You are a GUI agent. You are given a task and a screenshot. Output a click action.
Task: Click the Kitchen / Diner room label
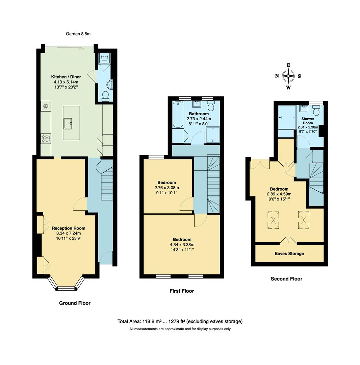[66, 77]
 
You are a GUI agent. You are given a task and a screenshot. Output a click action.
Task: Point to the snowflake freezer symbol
[46, 106]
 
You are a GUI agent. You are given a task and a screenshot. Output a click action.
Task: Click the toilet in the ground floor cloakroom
[105, 96]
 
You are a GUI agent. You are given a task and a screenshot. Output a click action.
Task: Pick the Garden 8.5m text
[78, 34]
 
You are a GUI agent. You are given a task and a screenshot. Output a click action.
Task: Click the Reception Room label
[69, 228]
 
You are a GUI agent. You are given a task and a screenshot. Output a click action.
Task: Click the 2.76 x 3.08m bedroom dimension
[166, 188]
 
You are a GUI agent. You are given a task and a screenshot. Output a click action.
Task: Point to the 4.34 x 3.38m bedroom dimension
[182, 245]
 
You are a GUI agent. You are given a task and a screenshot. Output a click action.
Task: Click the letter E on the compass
[288, 65]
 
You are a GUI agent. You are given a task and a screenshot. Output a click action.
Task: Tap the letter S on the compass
[299, 76]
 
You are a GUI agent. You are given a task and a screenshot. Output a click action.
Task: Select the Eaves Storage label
[289, 253]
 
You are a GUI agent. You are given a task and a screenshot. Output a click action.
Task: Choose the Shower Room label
[308, 121]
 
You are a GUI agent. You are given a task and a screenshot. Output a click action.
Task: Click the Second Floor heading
[286, 279]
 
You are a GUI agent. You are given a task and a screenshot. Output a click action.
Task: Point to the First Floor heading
[182, 291]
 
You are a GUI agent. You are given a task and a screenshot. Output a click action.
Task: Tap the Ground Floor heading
[75, 303]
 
